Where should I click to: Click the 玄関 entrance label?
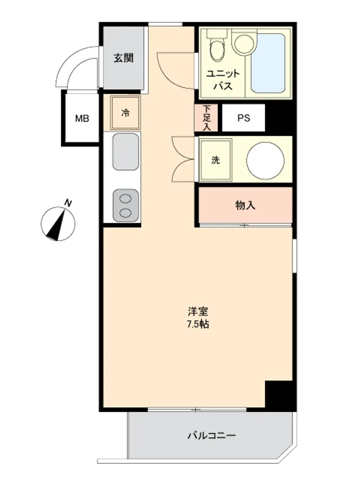[124, 58]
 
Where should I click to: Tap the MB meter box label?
[82, 118]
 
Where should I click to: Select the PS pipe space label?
[244, 118]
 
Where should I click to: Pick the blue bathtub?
[268, 63]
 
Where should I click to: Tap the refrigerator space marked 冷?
[125, 113]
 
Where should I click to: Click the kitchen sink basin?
[125, 152]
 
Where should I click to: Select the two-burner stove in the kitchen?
[125, 205]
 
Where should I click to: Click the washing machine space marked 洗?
[215, 160]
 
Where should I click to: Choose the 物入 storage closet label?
[245, 205]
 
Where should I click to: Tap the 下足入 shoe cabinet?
[206, 118]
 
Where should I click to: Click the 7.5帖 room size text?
[198, 324]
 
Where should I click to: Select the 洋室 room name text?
[198, 312]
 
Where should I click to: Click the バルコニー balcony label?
[212, 435]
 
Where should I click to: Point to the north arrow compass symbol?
[58, 224]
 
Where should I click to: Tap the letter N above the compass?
[68, 203]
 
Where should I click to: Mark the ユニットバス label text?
[223, 80]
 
